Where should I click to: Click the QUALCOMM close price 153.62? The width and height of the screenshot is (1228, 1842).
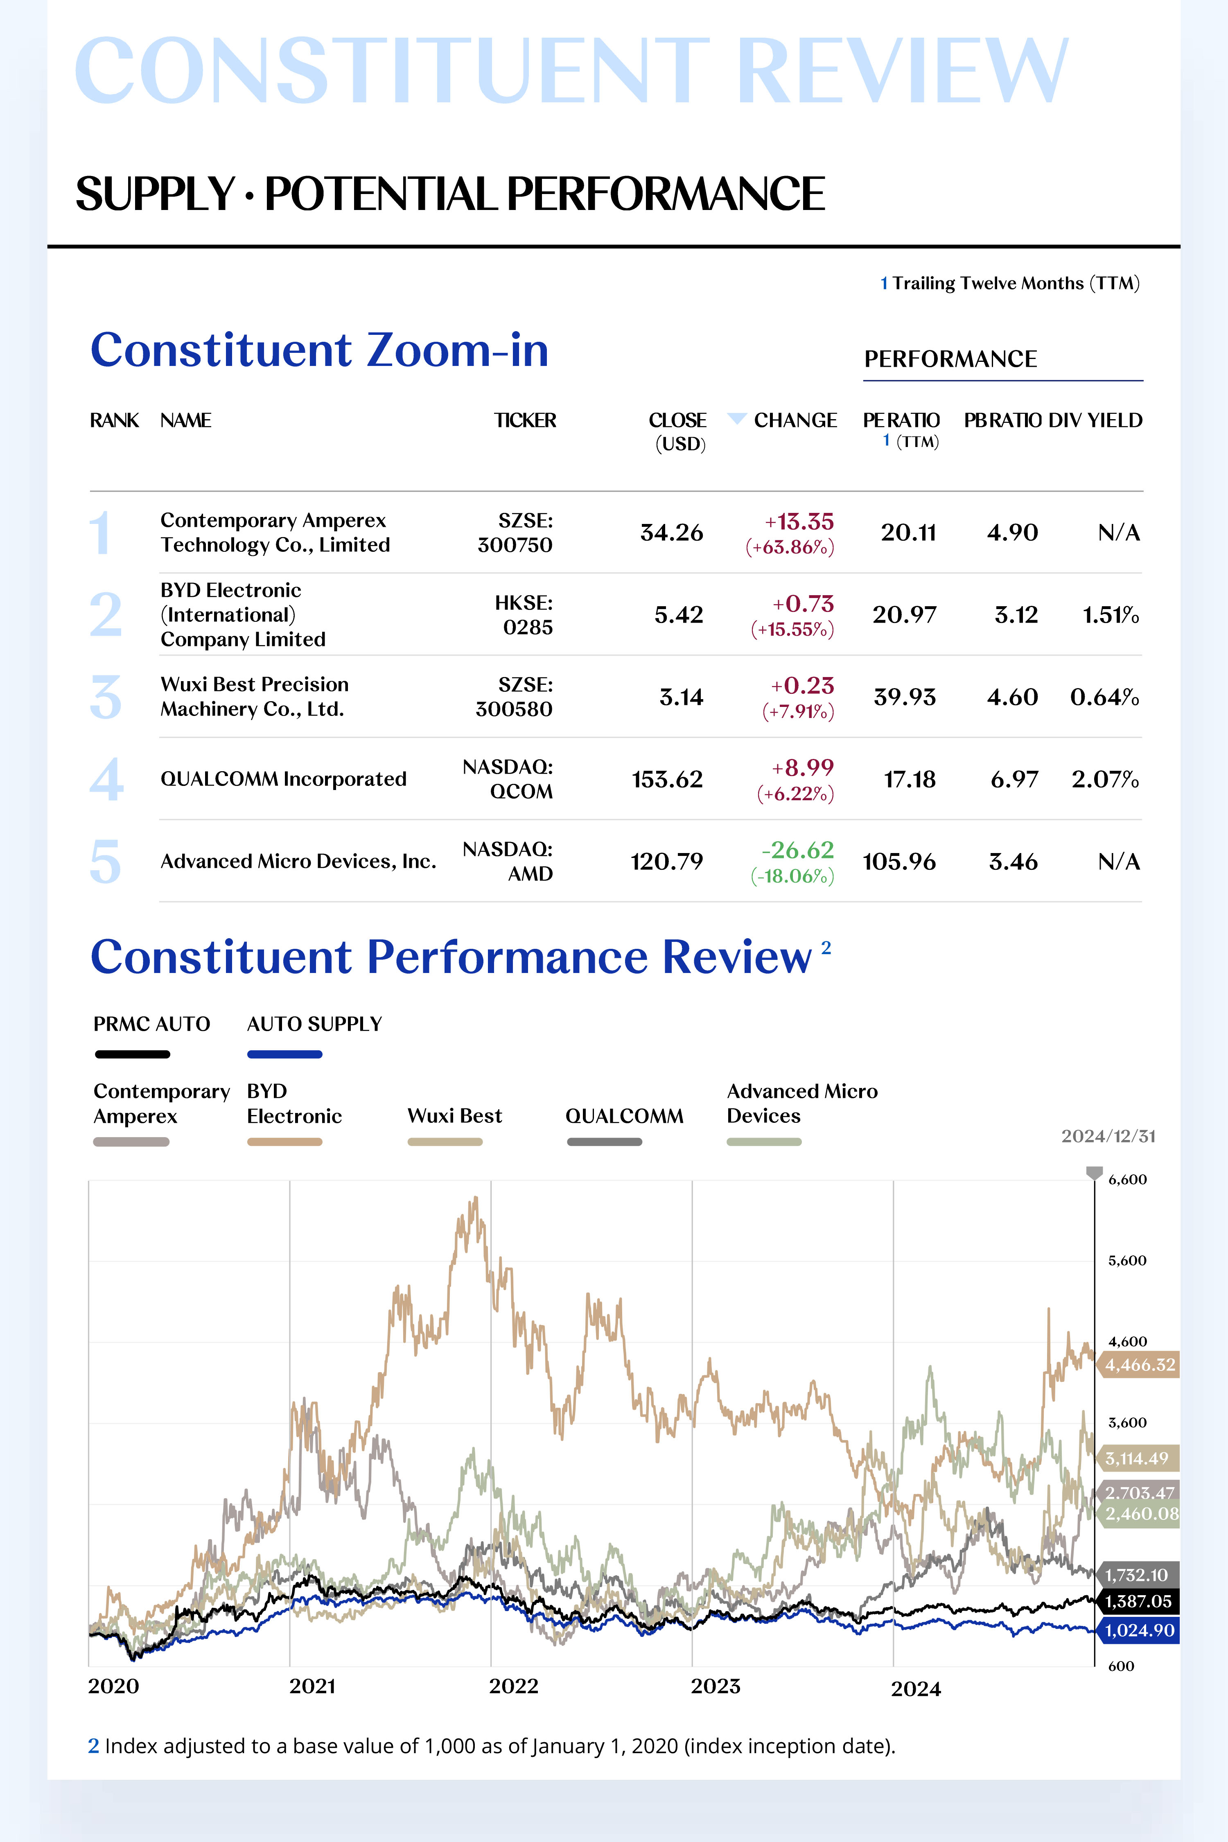coord(667,779)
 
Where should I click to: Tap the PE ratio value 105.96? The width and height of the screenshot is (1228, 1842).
coord(899,862)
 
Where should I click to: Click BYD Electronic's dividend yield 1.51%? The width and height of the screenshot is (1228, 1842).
coord(1111,615)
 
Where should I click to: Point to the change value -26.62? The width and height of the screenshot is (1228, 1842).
coord(797,850)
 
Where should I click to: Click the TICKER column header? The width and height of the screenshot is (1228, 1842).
coord(525,420)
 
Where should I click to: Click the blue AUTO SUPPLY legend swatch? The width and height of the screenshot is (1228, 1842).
coord(284,1054)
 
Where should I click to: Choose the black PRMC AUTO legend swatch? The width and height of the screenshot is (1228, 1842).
coord(132,1054)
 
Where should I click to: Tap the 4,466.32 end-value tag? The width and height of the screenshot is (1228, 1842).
coord(1140,1365)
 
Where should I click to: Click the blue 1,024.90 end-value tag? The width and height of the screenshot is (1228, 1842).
coord(1140,1630)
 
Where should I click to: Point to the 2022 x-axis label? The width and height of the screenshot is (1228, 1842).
coord(514,1686)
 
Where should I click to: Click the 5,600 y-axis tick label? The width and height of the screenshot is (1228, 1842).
coord(1127,1260)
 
